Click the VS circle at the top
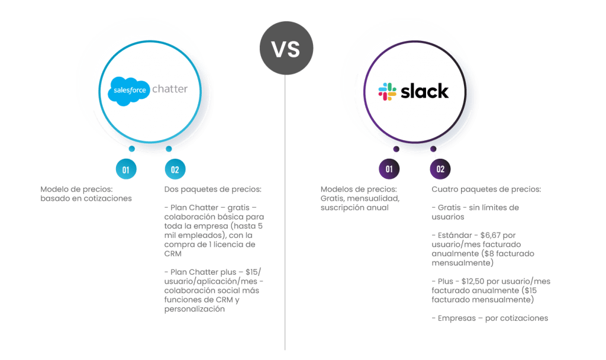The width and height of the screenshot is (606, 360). [286, 49]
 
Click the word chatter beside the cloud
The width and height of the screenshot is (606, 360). [170, 89]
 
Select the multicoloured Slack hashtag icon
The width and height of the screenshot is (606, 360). [388, 91]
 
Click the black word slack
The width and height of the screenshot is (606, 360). [425, 91]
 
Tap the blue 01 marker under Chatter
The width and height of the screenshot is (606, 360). [125, 169]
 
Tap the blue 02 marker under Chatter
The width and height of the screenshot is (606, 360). [175, 169]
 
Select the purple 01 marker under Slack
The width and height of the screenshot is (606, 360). [389, 169]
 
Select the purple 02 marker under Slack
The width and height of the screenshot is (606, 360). [440, 169]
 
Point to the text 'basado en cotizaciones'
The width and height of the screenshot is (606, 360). [86, 199]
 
